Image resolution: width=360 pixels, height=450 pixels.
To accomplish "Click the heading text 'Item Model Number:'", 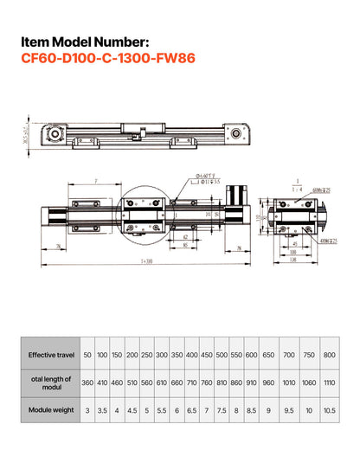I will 87,42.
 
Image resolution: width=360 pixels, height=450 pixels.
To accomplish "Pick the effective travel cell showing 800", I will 329,355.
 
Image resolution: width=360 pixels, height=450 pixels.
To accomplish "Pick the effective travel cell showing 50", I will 87,355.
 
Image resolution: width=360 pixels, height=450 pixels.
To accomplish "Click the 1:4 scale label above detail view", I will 297,189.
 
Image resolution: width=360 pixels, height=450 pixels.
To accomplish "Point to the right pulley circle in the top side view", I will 235,134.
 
